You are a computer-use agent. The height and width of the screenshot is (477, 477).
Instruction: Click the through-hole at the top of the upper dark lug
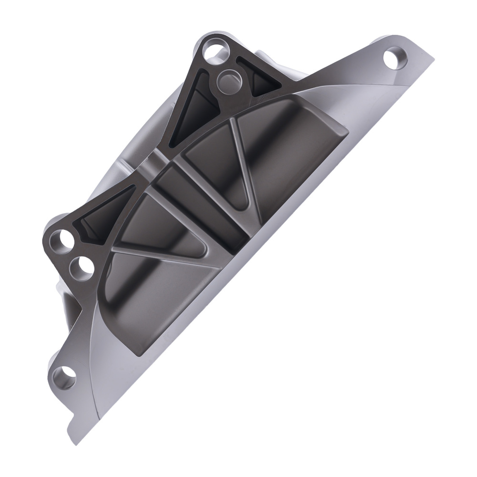click(x=212, y=51)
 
